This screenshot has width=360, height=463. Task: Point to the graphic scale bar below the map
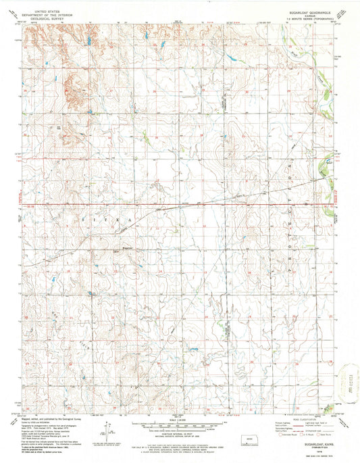coord(178,424)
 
